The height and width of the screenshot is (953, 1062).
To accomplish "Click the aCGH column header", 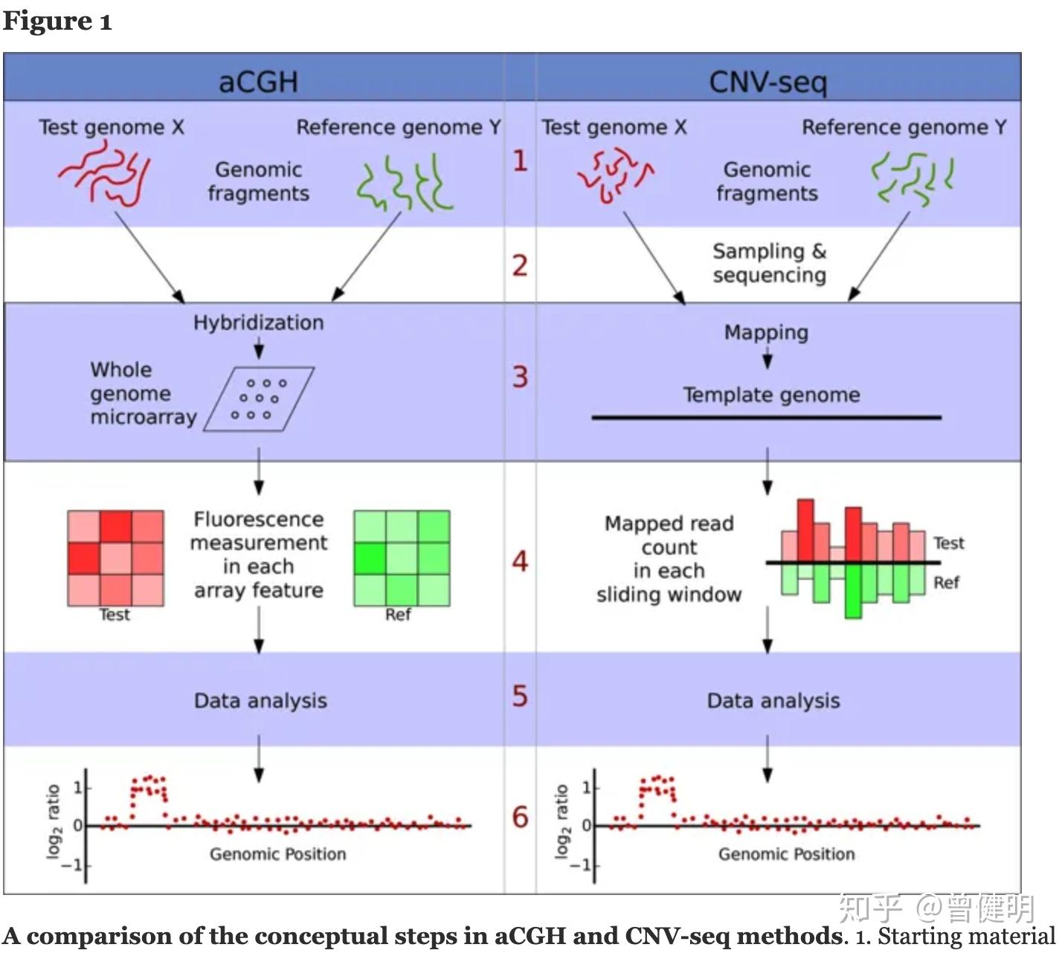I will [x=258, y=80].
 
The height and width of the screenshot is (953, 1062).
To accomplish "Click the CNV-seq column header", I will [x=767, y=80].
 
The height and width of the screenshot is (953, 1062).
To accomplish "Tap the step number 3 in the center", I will [x=520, y=377].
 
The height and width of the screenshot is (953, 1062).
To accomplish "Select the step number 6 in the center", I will [x=520, y=817].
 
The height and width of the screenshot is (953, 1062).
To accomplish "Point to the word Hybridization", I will [x=258, y=323].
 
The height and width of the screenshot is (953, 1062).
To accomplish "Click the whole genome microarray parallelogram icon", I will [x=258, y=399].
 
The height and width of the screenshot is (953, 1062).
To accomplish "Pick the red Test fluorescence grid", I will [x=115, y=558].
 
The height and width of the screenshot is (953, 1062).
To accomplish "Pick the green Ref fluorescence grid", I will [x=402, y=558].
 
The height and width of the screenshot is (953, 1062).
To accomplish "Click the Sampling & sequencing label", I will [x=769, y=263].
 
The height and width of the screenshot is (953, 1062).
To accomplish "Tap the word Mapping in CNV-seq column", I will [x=766, y=332].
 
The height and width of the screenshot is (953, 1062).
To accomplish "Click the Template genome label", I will [x=771, y=395].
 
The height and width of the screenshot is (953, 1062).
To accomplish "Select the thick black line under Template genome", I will [x=766, y=418].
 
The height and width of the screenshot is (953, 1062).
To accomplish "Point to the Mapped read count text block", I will [x=669, y=558].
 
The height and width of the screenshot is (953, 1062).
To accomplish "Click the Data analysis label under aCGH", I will [x=260, y=700].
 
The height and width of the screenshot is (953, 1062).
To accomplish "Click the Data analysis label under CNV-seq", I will [x=773, y=700].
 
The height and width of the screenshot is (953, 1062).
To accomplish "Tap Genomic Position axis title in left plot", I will [x=277, y=854].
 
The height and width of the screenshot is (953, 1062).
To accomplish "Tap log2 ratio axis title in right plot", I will [x=563, y=821].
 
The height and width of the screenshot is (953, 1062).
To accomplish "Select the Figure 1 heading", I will [x=57, y=21].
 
